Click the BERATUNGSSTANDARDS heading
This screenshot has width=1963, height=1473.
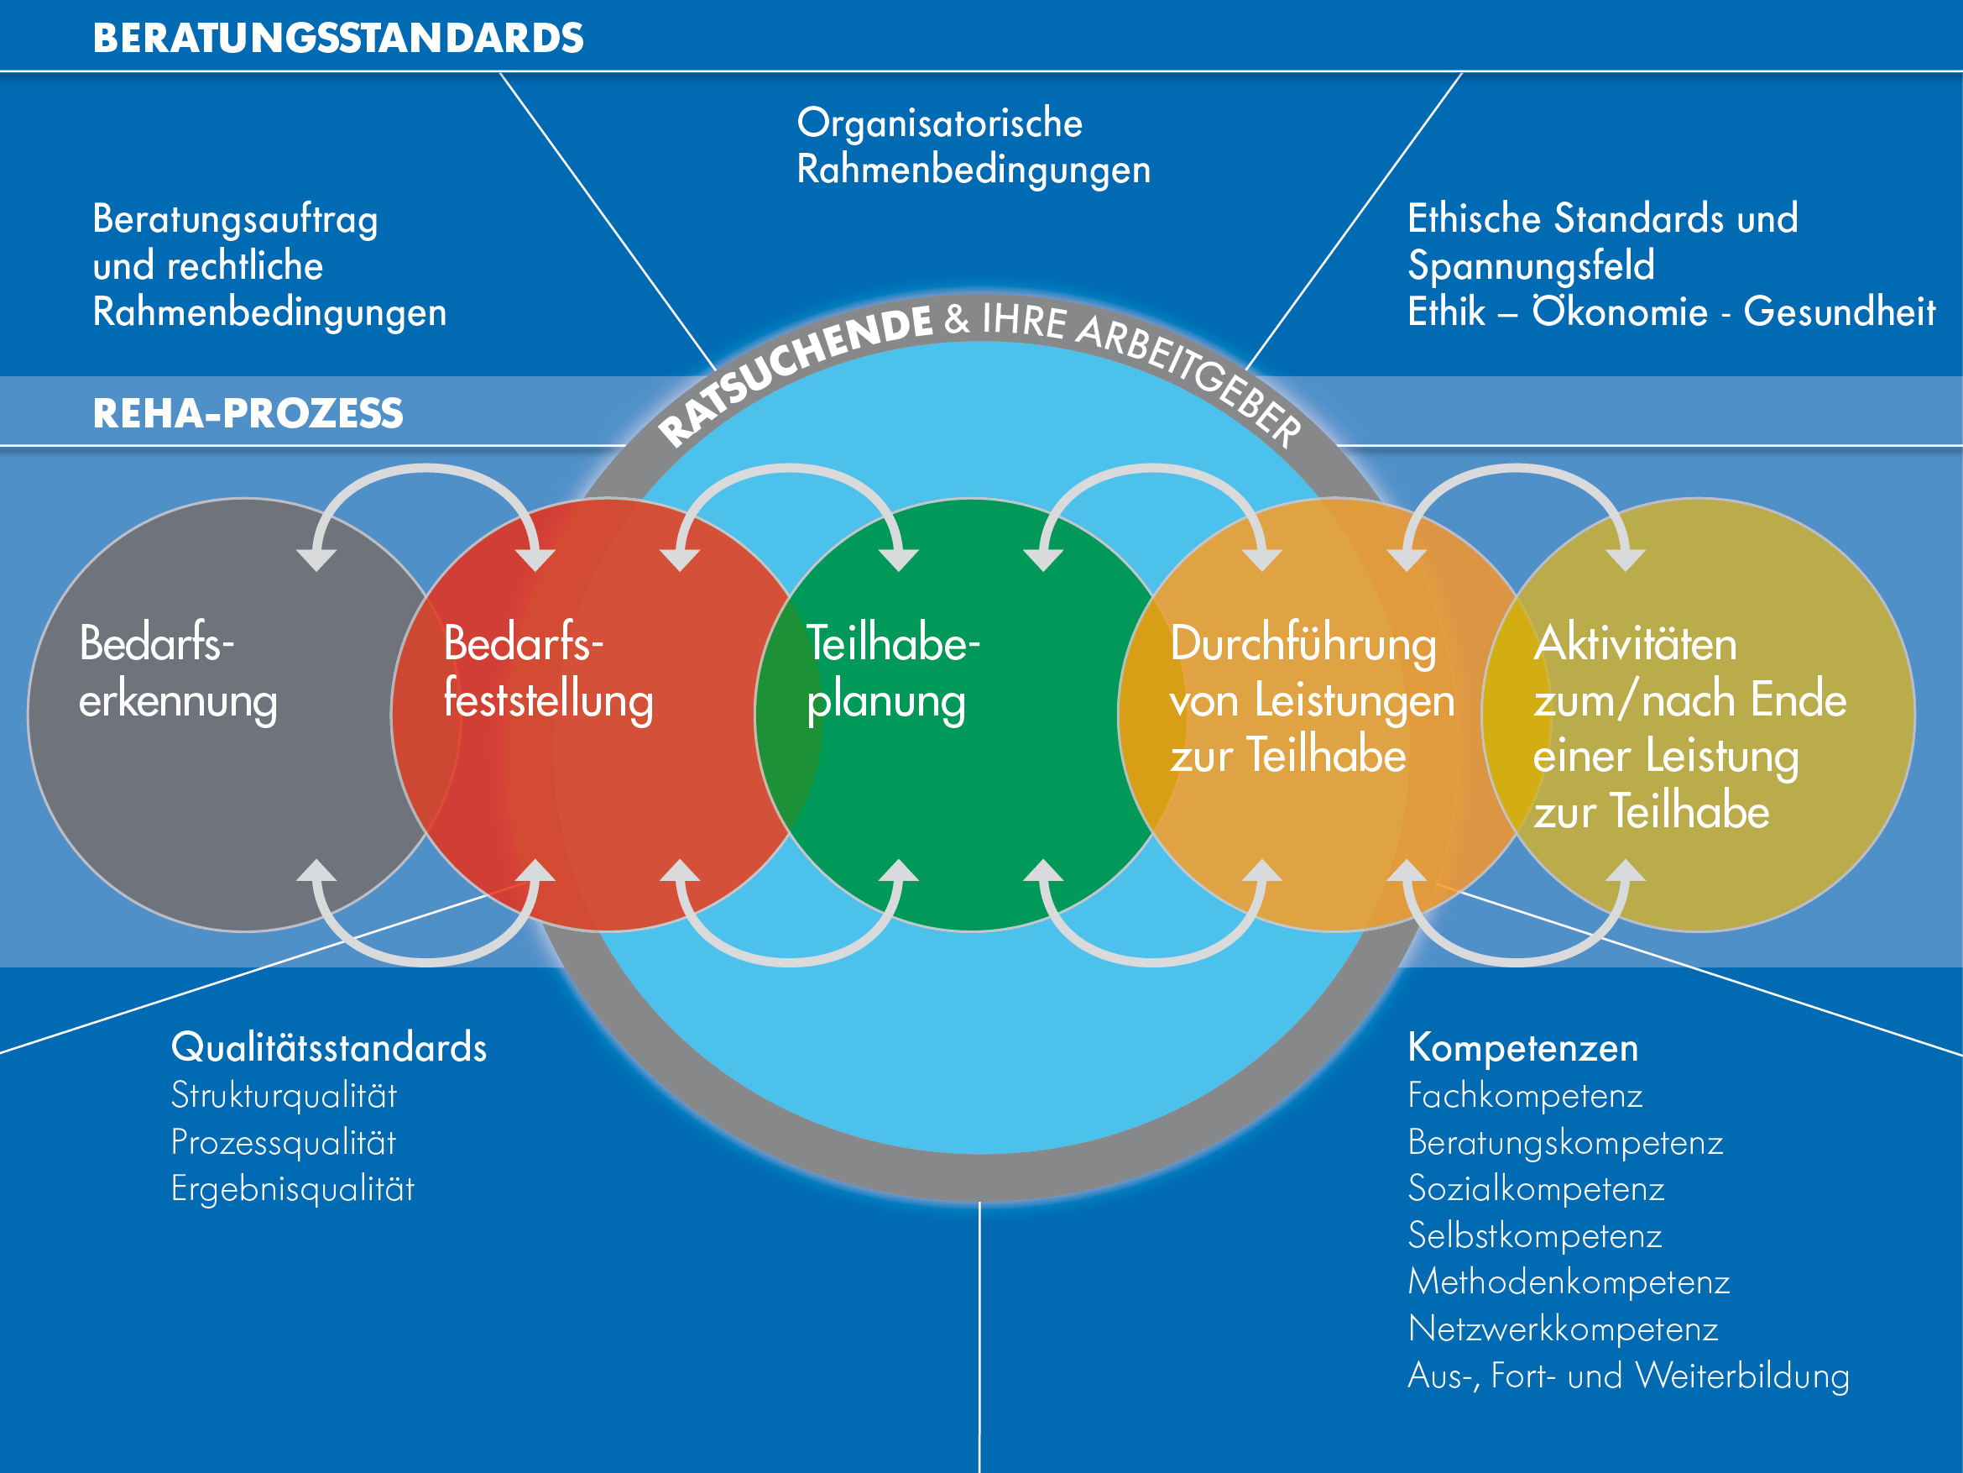click(x=338, y=38)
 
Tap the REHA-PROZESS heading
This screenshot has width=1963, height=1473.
click(x=248, y=414)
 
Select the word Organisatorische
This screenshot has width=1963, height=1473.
click(x=939, y=123)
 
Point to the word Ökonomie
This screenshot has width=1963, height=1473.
click(x=1620, y=312)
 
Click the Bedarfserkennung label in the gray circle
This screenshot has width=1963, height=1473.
click(x=177, y=672)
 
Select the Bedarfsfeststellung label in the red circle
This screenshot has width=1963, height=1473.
click(x=547, y=672)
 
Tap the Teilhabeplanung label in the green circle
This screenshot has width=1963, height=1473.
click(x=892, y=672)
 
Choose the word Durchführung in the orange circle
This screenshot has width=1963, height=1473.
click(x=1302, y=645)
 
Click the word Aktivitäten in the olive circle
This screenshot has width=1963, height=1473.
click(x=1635, y=645)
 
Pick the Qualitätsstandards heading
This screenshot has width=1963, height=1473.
click(x=328, y=1048)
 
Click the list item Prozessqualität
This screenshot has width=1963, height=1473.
click(x=283, y=1143)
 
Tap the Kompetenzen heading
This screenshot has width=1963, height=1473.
click(x=1523, y=1048)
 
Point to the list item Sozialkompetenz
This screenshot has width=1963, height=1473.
click(x=1535, y=1189)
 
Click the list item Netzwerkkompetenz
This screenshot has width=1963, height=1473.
click(x=1563, y=1329)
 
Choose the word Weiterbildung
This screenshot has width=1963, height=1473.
click(x=1742, y=1376)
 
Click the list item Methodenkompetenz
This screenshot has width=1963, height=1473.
click(x=1568, y=1282)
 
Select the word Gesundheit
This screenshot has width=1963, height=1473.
click(x=1839, y=312)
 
